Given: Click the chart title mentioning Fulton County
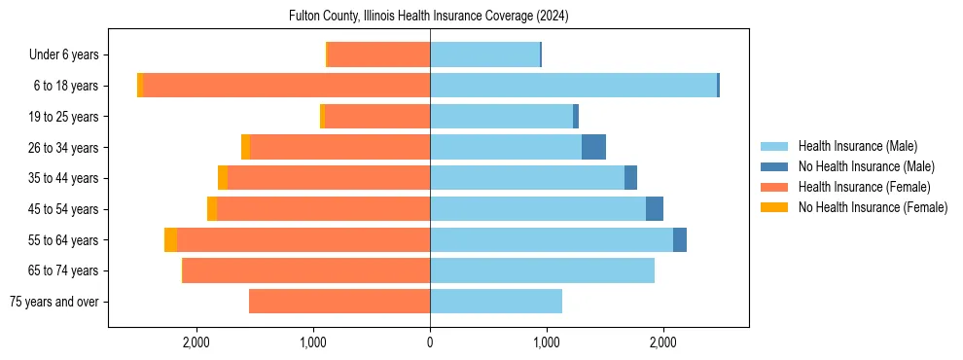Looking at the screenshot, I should pos(429,17).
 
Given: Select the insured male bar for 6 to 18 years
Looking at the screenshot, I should pos(573,86).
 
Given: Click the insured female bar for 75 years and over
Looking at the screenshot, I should pos(339,302).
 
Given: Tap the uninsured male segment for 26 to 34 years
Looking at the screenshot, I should pos(593,147).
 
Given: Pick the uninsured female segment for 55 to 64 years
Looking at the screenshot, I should pos(171,239).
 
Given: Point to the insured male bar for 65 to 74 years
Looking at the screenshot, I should pos(542,270).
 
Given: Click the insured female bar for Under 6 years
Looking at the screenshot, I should pos(379,54).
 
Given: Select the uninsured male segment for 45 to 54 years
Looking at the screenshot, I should pos(655,209).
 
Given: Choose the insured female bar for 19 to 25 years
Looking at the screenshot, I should pos(377,117).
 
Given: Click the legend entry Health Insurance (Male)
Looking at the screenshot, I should pos(857,146).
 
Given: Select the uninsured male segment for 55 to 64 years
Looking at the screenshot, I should pos(680,239).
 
